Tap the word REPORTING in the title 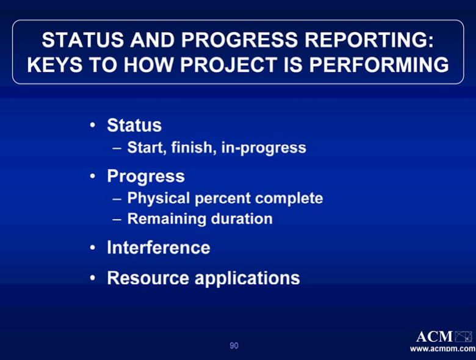pos(369,40)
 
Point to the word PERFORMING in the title pos(379,65)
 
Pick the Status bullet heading pos(134,125)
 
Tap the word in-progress pos(264,148)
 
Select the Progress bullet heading pos(146,176)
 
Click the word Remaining pos(167,219)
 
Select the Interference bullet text pos(159,247)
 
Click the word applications pos(247,278)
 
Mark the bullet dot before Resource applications pos(93,278)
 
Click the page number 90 pos(234,346)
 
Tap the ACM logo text pos(435,337)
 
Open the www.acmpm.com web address pos(443,348)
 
